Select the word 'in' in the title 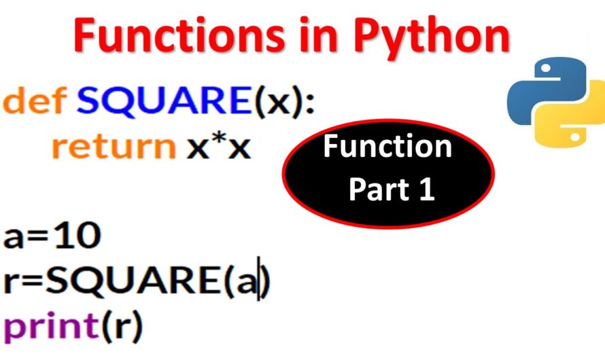tap(320, 35)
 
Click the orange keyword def tap(35, 100)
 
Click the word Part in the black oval tap(373, 190)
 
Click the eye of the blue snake tap(545, 69)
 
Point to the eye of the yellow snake tap(575, 137)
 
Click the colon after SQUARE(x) tap(309, 104)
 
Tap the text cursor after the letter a tap(259, 278)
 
